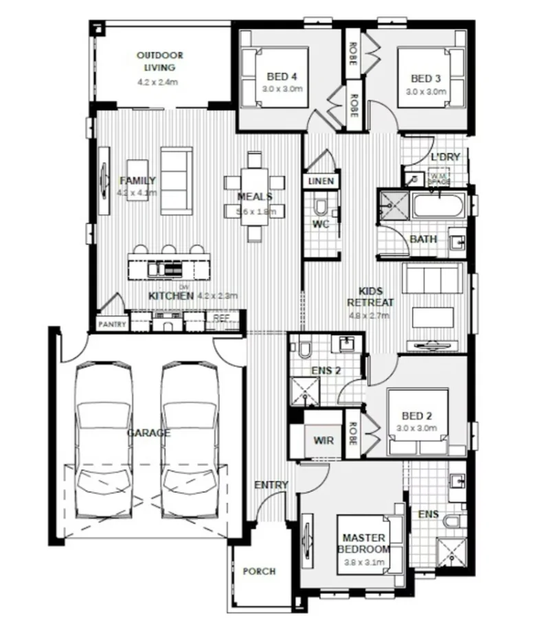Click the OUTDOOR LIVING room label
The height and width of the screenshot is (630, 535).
point(159,61)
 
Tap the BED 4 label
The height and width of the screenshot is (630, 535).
point(277,78)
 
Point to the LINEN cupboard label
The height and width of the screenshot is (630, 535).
point(321,181)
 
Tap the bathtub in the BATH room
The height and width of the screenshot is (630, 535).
point(437,206)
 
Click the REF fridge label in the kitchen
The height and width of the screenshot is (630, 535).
point(221,318)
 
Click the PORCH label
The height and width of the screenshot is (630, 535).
point(260,571)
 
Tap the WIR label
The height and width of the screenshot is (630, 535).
point(323,440)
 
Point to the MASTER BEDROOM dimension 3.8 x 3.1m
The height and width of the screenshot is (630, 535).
point(364,563)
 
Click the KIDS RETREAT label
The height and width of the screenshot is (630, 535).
point(370,297)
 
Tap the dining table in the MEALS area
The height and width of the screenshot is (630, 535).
point(255,195)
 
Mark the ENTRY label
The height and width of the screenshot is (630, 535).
point(271,485)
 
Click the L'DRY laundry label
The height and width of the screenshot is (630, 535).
point(444,157)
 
